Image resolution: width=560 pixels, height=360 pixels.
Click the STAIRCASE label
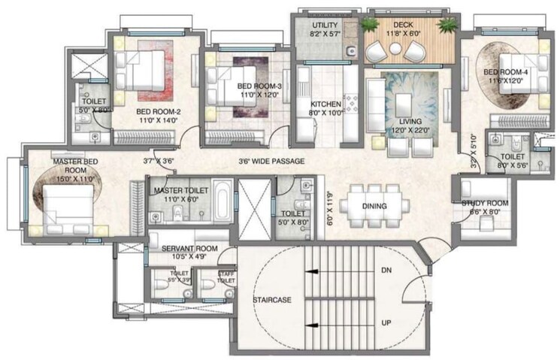pyautogui.click(x=272, y=300)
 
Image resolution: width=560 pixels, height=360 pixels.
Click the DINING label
pyautogui.click(x=374, y=206)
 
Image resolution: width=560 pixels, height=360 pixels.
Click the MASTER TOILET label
pyautogui.click(x=179, y=191)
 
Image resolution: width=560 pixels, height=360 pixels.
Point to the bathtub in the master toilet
pyautogui.click(x=222, y=202)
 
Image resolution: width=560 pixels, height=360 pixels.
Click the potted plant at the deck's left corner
pyautogui.click(x=369, y=26)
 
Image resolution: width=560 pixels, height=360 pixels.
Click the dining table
pyautogui.click(x=374, y=206)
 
